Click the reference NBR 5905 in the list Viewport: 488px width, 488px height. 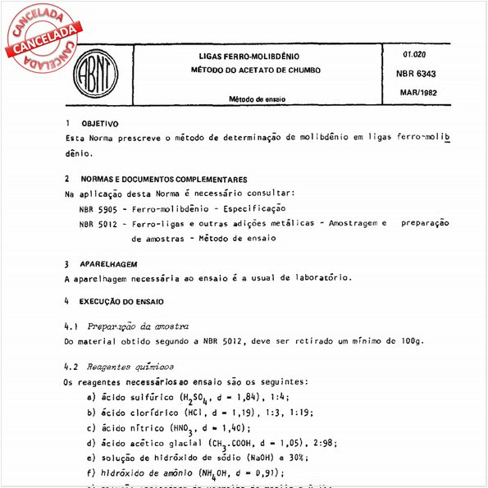[97, 208]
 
